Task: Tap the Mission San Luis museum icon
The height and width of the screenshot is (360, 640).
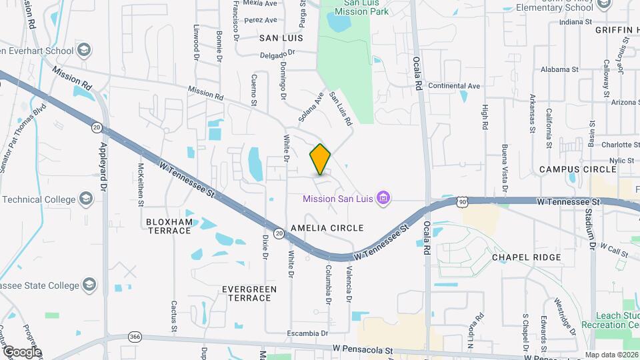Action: click(x=383, y=197)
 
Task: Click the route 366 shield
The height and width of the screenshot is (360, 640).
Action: click(x=135, y=337)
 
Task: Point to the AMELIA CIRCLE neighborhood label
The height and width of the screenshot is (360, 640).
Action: click(x=327, y=228)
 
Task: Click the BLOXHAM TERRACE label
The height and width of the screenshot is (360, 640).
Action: click(x=168, y=225)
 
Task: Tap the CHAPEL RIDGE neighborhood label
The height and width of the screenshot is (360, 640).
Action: click(x=526, y=257)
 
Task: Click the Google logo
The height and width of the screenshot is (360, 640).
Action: click(x=22, y=351)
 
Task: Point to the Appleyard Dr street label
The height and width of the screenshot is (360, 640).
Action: click(x=103, y=167)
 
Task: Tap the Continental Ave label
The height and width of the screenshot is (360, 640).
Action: click(x=454, y=86)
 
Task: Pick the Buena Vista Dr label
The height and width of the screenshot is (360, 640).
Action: click(x=505, y=163)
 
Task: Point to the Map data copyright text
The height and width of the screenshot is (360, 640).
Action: click(x=611, y=355)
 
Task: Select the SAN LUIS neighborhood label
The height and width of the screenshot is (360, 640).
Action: click(x=281, y=38)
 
